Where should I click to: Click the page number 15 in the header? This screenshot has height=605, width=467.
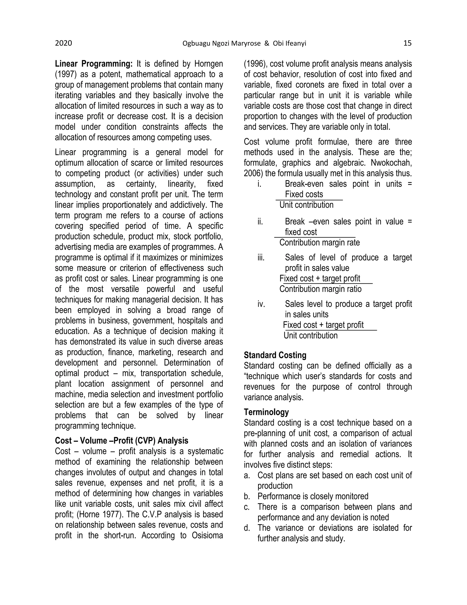coord(407,43)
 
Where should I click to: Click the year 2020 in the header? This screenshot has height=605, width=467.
coord(63,43)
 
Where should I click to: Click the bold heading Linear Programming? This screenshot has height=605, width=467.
coord(94,64)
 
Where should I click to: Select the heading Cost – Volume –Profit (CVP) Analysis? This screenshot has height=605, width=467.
coord(122,441)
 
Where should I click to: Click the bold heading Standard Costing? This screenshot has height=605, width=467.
coord(275,355)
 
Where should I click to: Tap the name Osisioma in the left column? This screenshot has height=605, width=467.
coord(207,535)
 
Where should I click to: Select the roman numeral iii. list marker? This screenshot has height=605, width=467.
coord(261,258)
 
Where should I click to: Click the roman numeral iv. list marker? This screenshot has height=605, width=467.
coord(261,304)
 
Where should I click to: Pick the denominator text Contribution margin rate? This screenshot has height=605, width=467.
coord(319,243)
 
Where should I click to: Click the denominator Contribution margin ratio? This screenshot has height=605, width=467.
coord(320,289)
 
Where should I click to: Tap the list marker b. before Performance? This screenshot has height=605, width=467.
coord(247,496)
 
